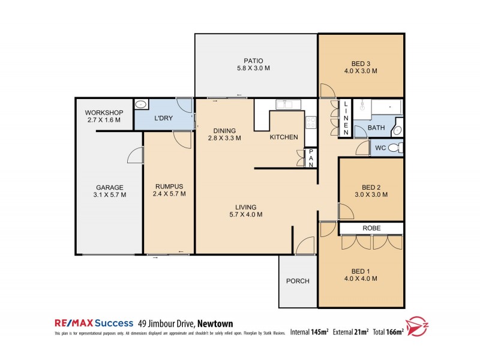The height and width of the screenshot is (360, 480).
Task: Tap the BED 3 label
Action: [361, 61]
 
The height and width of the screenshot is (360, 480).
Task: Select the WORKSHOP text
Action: [104, 112]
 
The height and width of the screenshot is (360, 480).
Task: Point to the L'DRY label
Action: [163, 118]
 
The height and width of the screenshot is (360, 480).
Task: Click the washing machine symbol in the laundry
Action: [141, 104]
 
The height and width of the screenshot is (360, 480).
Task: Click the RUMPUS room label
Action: [169, 185]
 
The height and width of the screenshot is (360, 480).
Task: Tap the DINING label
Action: [224, 130]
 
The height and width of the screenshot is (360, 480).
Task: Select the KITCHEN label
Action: [283, 137]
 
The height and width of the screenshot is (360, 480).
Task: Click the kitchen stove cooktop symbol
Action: [311, 122]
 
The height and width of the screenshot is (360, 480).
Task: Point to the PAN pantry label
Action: [311, 157]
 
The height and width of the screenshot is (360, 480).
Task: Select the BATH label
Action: [376, 128]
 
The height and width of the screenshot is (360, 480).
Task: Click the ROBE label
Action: [370, 228]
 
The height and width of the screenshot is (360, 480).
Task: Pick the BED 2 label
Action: [371, 186]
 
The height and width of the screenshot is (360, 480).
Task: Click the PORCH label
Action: [297, 281]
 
